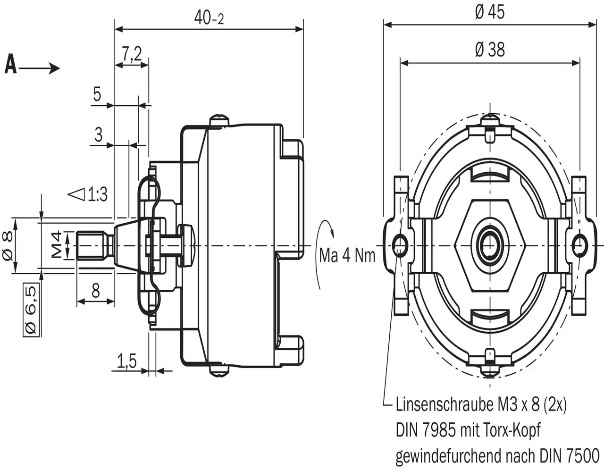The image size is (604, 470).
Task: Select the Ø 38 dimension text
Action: (489, 49)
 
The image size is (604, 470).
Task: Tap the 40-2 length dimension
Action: (209, 18)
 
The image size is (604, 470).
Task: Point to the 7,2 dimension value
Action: (132, 54)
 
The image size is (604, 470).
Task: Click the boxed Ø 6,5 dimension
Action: (32, 310)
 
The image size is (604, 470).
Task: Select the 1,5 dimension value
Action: (126, 361)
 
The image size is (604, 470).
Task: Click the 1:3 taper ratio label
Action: (97, 194)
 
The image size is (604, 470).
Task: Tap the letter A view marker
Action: (10, 65)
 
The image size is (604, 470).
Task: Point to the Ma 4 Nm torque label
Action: (347, 256)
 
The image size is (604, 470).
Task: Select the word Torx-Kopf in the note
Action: (512, 430)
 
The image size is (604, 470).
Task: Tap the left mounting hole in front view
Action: (401, 243)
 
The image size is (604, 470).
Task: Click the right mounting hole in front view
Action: (579, 243)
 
